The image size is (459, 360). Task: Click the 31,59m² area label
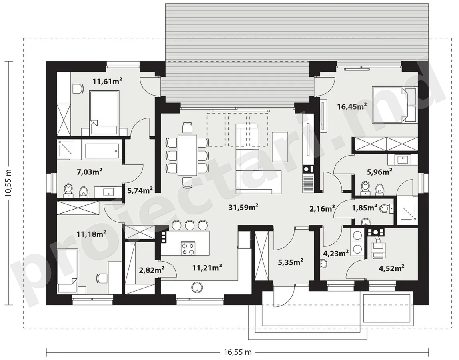tap(243, 207)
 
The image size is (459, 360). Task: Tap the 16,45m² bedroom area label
tap(352, 106)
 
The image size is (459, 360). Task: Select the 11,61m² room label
tap(107, 81)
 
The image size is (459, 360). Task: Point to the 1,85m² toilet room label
tap(365, 208)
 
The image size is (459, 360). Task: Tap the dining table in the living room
tap(188, 155)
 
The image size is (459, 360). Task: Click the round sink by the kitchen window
tap(197, 287)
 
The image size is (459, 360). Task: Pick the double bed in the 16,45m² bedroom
tap(394, 104)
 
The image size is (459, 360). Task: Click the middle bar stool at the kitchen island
tap(190, 225)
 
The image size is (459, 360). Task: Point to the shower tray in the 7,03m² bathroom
tap(69, 150)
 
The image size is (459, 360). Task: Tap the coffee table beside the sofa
tap(280, 147)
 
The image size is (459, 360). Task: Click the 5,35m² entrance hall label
tap(290, 262)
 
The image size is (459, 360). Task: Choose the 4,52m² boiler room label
tap(392, 268)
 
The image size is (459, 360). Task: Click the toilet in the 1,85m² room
tap(386, 208)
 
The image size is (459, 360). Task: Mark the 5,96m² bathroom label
tap(380, 172)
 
